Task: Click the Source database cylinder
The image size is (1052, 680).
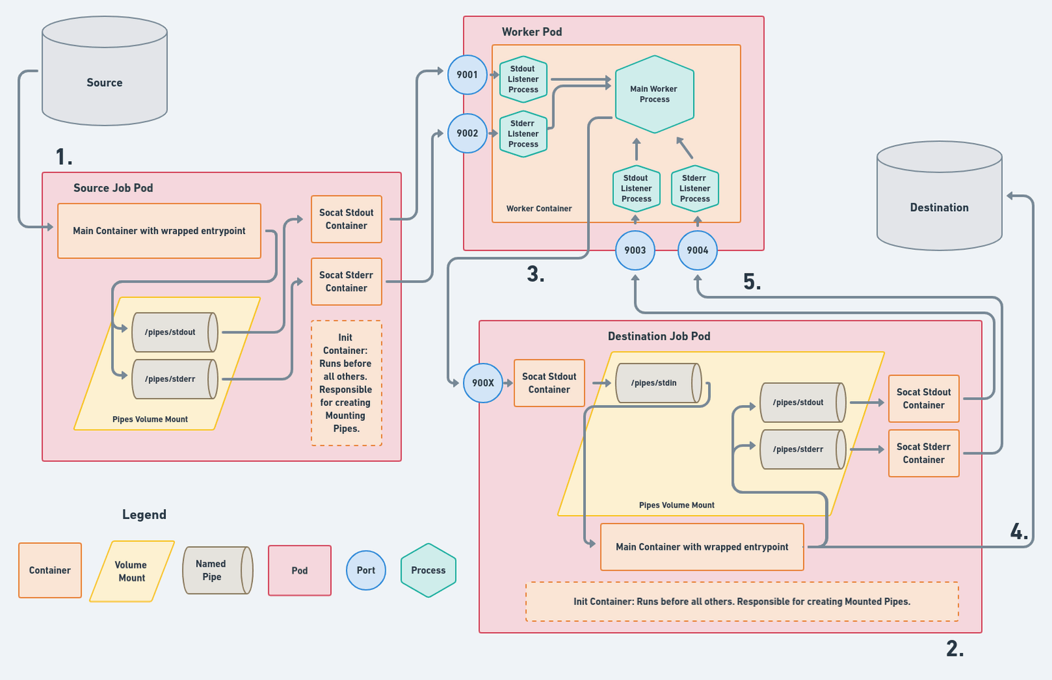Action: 105,72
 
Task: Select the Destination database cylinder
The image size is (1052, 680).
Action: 939,197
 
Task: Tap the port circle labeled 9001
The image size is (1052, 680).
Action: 467,75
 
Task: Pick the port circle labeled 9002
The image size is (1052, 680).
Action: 467,134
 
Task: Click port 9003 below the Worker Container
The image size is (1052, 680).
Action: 635,251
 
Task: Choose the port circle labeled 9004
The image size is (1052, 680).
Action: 698,251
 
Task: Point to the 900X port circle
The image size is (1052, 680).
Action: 483,383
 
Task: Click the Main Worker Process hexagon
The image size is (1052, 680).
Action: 654,94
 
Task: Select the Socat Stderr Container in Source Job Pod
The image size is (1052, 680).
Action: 347,281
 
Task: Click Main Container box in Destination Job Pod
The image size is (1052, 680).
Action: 702,547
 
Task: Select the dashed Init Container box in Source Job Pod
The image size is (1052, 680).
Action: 347,383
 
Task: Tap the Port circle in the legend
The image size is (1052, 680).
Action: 366,571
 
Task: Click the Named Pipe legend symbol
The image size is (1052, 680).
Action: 216,570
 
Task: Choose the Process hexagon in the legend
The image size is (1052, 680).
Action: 428,570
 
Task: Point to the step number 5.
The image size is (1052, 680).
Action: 752,282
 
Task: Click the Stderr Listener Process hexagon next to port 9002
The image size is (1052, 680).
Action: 523,134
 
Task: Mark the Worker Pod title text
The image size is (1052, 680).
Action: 532,32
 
